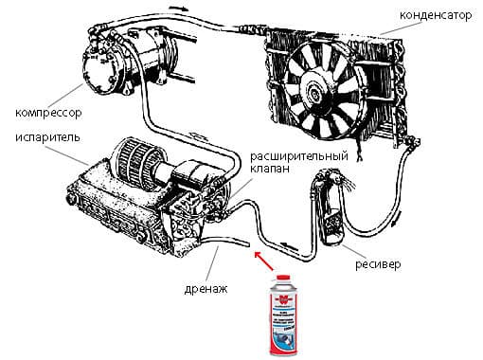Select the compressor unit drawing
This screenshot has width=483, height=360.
tap(115, 61)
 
